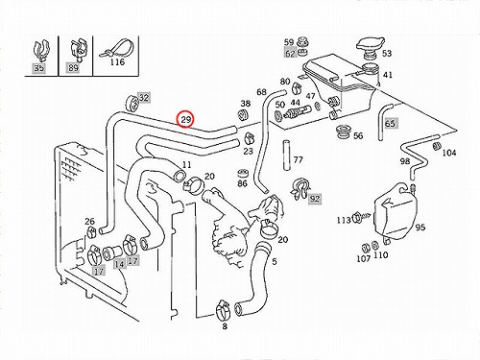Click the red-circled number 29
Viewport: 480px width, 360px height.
point(186,120)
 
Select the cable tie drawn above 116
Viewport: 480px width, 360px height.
point(115,49)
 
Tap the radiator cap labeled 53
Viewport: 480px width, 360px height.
point(371,46)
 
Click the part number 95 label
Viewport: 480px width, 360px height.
point(420,228)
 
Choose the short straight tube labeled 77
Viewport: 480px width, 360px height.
point(286,155)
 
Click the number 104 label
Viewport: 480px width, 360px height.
point(448,153)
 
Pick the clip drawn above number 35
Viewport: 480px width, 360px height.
point(41,50)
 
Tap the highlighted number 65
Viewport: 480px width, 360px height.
point(390,123)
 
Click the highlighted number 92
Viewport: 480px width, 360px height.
point(315,199)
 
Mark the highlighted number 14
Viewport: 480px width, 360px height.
point(119,264)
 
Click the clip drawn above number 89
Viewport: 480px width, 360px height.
point(78,49)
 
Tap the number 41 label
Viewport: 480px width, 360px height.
point(388,75)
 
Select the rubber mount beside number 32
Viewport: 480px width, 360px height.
point(132,102)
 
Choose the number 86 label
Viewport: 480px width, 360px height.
point(242,183)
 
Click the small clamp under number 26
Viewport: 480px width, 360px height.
point(91,231)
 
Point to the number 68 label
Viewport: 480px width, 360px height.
point(261,92)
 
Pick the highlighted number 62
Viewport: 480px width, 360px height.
point(290,53)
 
